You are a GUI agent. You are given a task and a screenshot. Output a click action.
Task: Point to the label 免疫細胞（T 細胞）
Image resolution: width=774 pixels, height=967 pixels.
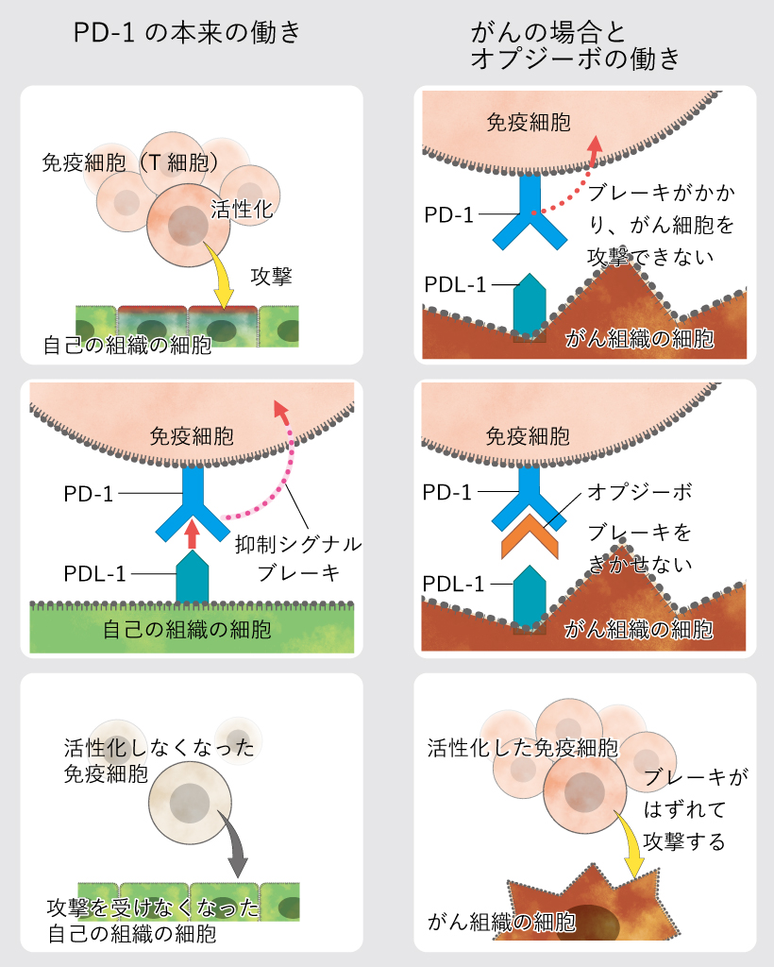point(132,161)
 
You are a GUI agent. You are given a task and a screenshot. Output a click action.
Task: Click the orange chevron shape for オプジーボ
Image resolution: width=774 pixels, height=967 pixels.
point(528,537)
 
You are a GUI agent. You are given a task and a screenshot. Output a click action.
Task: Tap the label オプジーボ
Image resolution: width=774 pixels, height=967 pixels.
point(639,493)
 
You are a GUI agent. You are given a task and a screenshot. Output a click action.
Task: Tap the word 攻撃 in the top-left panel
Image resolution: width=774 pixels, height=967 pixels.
point(270,277)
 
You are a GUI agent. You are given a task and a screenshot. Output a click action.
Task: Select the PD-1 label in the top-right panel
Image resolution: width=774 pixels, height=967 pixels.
point(448,214)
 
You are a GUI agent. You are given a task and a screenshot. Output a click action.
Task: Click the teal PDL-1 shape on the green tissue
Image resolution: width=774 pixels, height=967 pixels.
point(193,577)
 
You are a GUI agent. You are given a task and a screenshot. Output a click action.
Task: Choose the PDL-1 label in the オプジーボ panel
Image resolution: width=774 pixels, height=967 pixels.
point(454,584)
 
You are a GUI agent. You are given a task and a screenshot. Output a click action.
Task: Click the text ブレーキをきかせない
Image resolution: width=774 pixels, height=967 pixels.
point(640,549)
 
